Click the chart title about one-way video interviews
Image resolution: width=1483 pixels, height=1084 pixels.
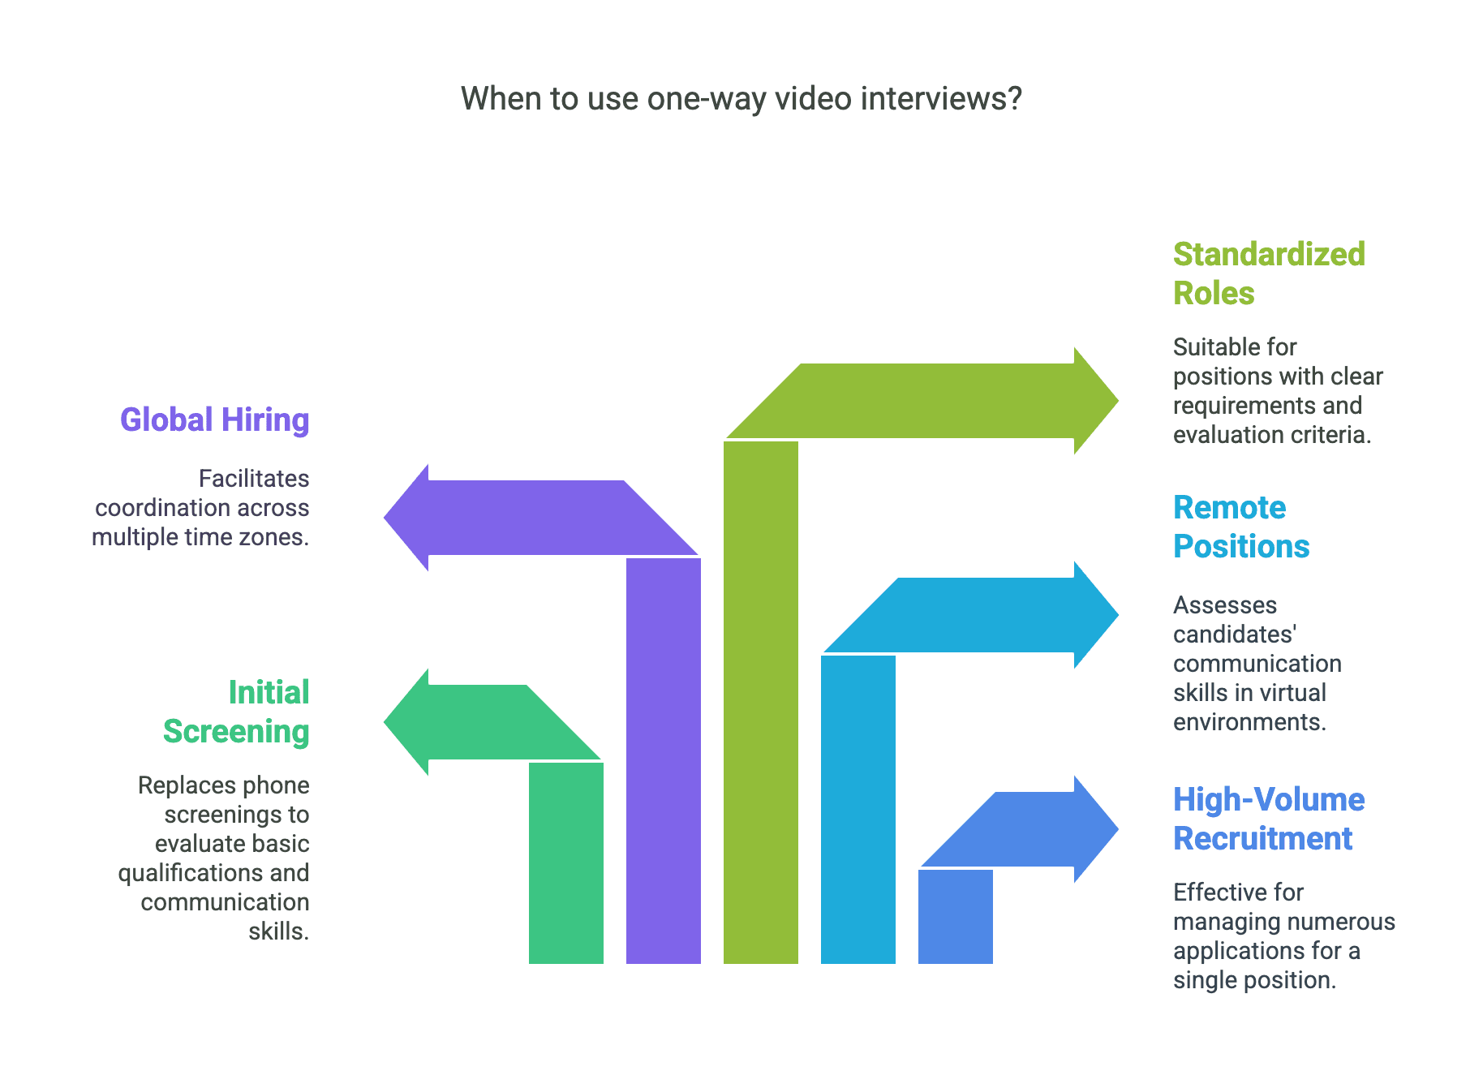[x=741, y=99]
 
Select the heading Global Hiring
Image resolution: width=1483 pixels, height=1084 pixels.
[x=214, y=420]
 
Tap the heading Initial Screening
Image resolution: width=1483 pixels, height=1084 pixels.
[x=236, y=712]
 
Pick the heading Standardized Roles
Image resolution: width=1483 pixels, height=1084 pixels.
[x=1268, y=273]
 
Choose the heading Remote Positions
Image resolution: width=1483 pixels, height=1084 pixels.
[x=1240, y=527]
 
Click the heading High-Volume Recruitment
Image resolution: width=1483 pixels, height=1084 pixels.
[x=1268, y=819]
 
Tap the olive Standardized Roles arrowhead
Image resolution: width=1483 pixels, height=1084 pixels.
[x=1095, y=401]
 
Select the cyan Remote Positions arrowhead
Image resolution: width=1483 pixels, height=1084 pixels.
[x=1095, y=615]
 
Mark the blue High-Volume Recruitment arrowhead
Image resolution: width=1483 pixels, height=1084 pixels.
[x=1095, y=829]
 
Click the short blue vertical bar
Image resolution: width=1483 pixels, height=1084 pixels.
[x=955, y=917]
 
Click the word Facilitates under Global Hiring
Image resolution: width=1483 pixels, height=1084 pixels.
[x=254, y=479]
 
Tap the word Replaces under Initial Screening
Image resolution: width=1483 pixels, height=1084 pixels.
[x=190, y=785]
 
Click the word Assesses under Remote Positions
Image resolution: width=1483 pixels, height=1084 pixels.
[x=1224, y=605]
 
